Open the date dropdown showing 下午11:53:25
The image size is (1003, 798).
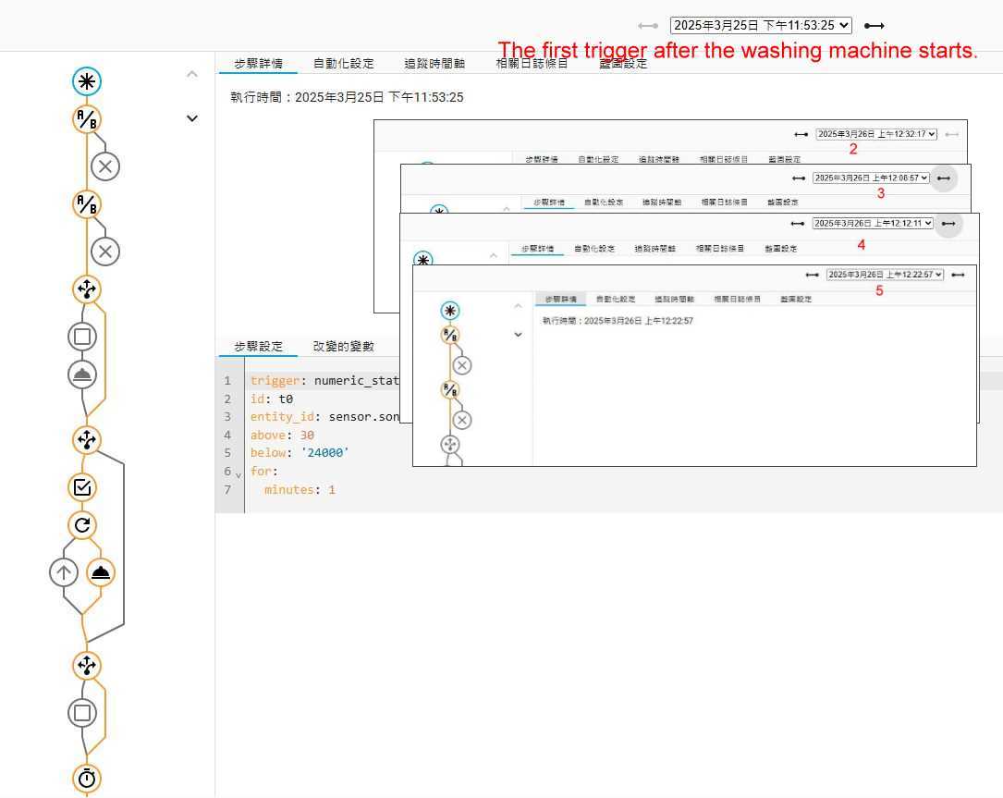click(761, 26)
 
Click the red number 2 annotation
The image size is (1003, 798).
click(853, 149)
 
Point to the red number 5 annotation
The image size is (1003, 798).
click(879, 290)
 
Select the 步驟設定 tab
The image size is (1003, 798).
click(258, 346)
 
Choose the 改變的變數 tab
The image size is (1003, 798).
click(343, 346)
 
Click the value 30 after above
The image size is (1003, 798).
click(307, 435)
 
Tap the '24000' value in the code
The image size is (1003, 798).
click(325, 453)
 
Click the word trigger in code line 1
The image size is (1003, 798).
click(275, 380)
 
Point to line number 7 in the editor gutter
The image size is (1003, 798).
click(227, 489)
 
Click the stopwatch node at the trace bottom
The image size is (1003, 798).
click(87, 779)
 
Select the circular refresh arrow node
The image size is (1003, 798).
click(82, 526)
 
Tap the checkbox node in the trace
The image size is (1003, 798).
click(82, 487)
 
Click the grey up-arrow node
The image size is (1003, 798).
click(64, 572)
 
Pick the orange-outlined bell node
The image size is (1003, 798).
click(101, 572)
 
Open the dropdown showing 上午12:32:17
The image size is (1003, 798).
click(876, 134)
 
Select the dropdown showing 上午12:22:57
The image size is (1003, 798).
click(885, 275)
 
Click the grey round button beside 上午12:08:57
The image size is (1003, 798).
click(944, 178)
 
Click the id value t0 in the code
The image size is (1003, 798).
click(286, 399)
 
